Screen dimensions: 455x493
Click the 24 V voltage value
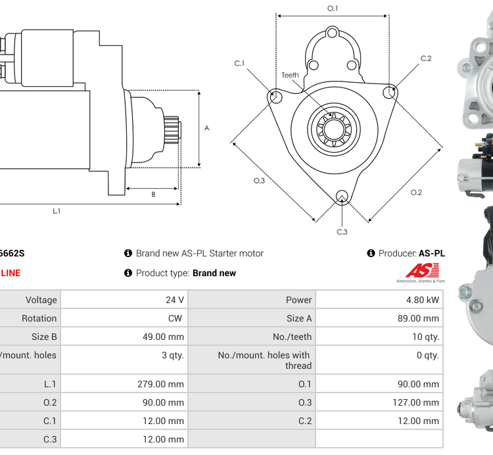click(174, 300)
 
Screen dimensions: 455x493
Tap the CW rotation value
click(177, 318)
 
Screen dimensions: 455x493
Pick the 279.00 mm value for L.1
click(160, 384)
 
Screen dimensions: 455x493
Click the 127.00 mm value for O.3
click(417, 402)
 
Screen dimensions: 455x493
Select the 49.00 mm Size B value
click(162, 337)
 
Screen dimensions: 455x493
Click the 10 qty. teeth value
click(423, 337)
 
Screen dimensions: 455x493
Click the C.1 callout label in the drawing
click(239, 63)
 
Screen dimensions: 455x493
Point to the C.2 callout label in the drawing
click(426, 59)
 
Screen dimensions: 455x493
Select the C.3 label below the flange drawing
click(342, 232)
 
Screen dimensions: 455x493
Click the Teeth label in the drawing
click(290, 75)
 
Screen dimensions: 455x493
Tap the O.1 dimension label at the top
click(333, 9)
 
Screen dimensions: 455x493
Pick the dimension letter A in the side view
click(206, 128)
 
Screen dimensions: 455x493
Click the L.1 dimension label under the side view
click(57, 211)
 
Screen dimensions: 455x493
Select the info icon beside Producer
click(371, 253)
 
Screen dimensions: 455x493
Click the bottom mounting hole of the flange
click(341, 195)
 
